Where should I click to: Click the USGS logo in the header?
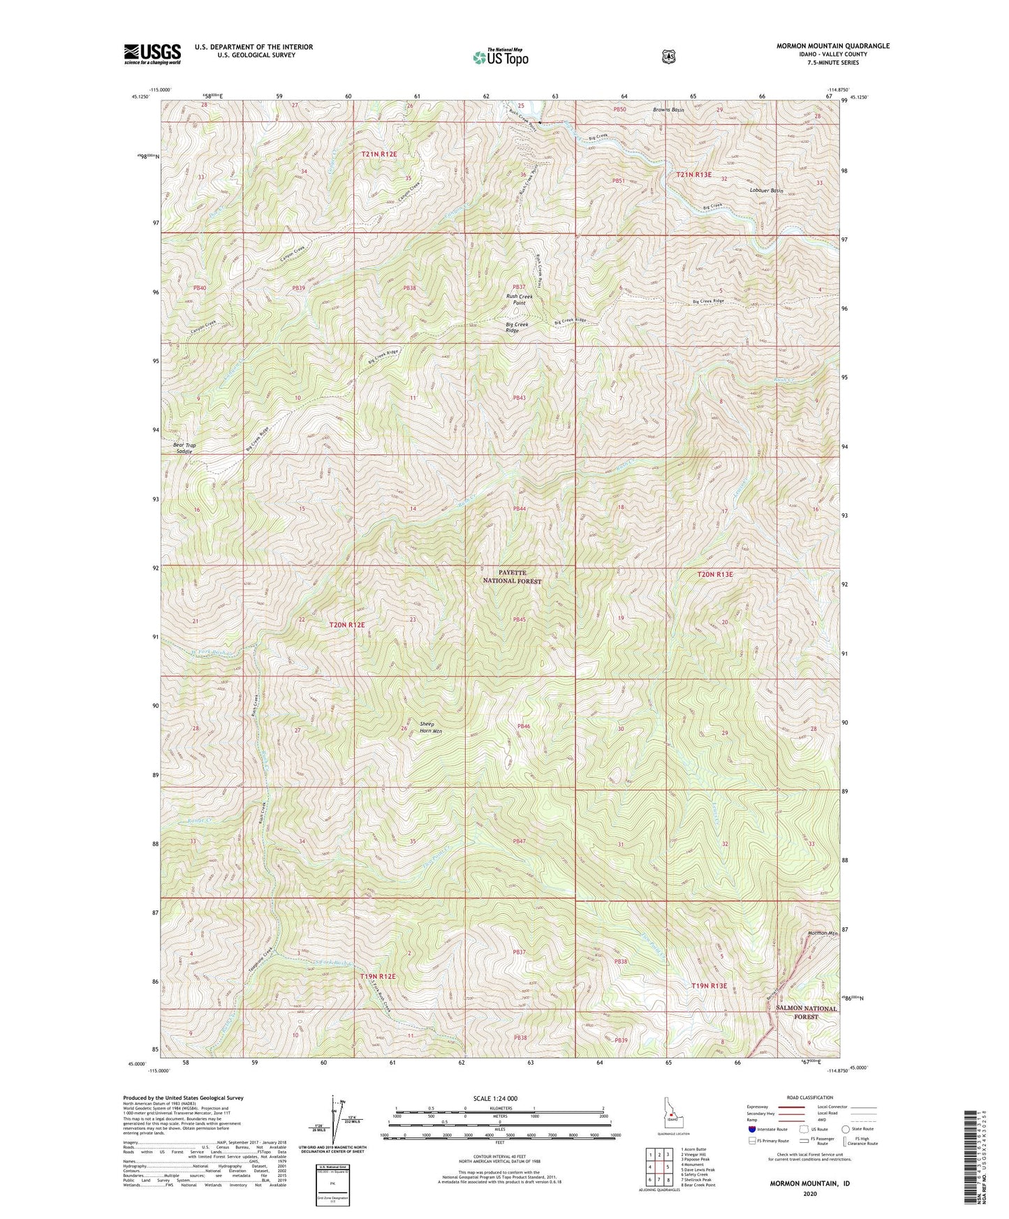point(152,54)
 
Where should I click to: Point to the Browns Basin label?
point(668,110)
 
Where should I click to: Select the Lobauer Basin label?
point(766,191)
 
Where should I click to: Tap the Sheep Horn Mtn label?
point(431,727)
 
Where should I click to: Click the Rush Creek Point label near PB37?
point(519,300)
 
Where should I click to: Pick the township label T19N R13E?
point(709,986)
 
